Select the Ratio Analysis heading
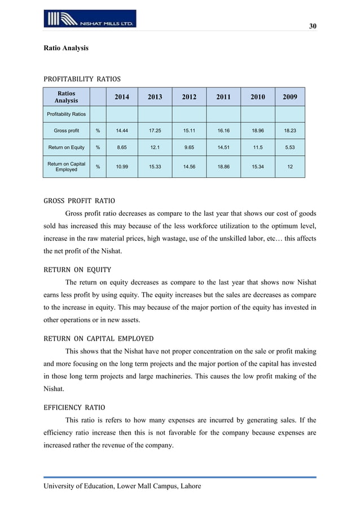tap(66, 49)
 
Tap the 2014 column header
tap(121, 97)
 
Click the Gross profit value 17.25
tap(155, 131)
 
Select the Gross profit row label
tap(66, 131)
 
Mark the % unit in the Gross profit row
tap(98, 131)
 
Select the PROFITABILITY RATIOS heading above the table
tap(82, 78)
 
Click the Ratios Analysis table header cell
tap(66, 97)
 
